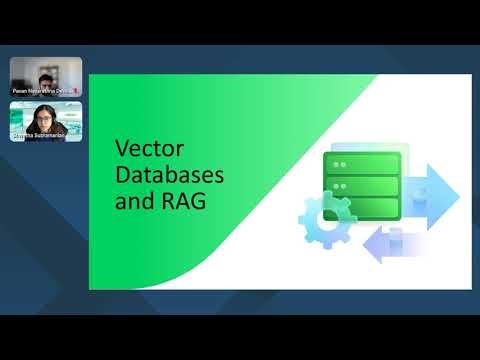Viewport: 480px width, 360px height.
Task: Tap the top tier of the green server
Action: pos(362,163)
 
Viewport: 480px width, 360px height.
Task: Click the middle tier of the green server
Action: pos(362,186)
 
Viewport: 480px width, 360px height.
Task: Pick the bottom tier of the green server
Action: pos(362,209)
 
